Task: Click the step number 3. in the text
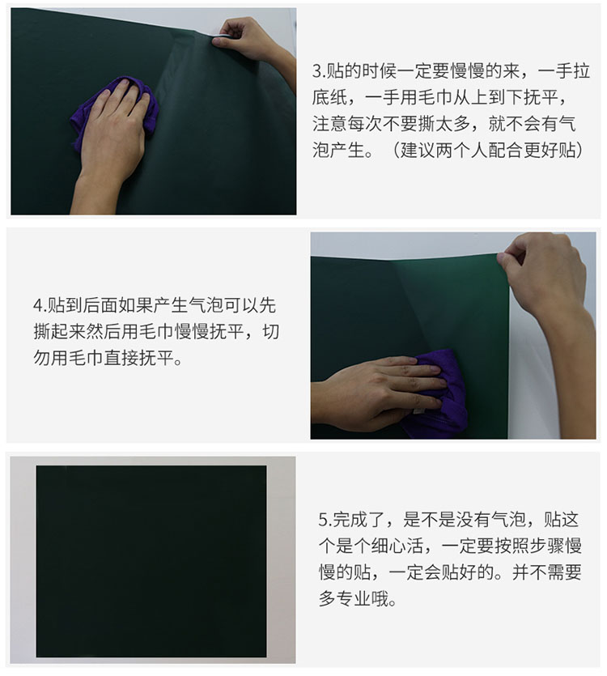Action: [319, 71]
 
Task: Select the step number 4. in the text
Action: [40, 306]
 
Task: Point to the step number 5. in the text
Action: [325, 520]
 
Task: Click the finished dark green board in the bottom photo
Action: [151, 561]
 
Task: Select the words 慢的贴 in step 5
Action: [345, 572]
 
